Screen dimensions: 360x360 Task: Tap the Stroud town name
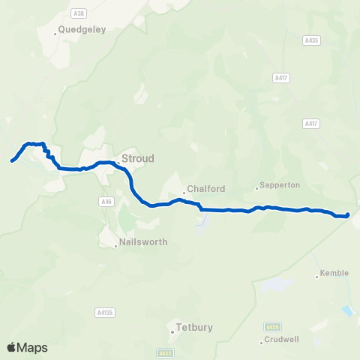pyautogui.click(x=137, y=159)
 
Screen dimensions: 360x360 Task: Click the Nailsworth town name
pyautogui.click(x=143, y=242)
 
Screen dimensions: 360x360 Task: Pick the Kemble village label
pyautogui.click(x=334, y=273)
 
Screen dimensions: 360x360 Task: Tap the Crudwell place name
pyautogui.click(x=280, y=339)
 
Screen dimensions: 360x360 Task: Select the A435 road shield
pyautogui.click(x=312, y=40)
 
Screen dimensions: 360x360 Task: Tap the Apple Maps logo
pyautogui.click(x=27, y=347)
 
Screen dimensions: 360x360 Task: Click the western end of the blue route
pyautogui.click(x=12, y=160)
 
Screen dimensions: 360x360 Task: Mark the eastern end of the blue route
pyautogui.click(x=348, y=216)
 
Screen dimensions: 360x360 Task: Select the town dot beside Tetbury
pyautogui.click(x=172, y=328)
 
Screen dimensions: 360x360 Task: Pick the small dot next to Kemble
pyautogui.click(x=317, y=276)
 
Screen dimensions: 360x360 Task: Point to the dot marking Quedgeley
pyautogui.click(x=56, y=33)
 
